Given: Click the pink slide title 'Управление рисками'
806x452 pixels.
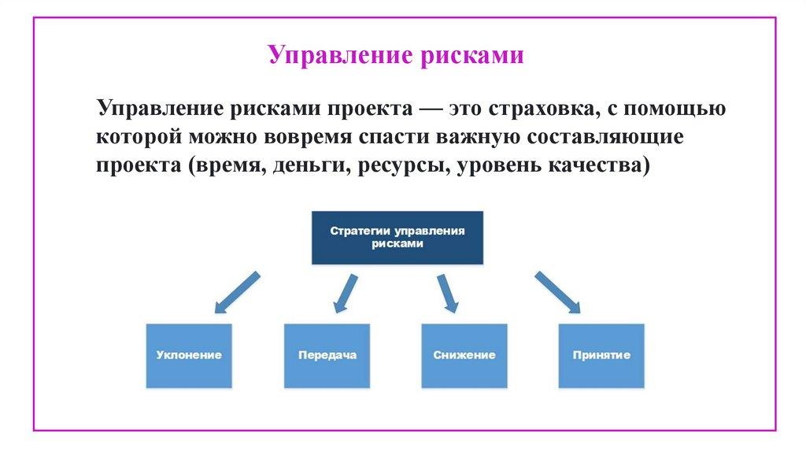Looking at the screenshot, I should pos(395,56).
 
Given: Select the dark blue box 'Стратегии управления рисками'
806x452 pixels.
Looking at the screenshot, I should pos(397,237).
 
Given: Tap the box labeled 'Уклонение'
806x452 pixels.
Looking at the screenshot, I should pos(189,355).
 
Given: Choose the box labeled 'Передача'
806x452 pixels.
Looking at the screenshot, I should pos(327,355).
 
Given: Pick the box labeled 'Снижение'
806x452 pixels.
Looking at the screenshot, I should pos(464,355).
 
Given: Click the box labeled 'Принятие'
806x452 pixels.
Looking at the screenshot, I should pos(601,355).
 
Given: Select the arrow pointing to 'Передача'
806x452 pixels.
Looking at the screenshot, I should pos(345,293).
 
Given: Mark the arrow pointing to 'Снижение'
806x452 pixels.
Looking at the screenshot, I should pos(446,293).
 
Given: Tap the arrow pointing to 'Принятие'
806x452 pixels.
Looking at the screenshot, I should pos(557,291).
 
